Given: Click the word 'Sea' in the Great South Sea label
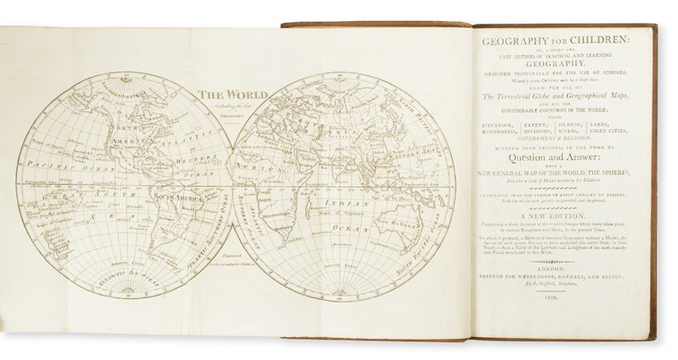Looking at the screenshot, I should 85,217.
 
